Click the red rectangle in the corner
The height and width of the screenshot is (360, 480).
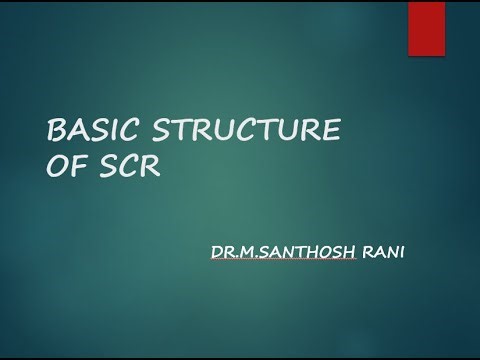point(426,28)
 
